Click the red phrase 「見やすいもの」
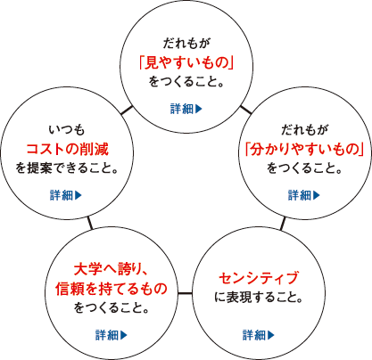pyautogui.click(x=186, y=63)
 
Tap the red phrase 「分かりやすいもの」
pyautogui.click(x=304, y=149)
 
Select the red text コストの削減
pyautogui.click(x=68, y=149)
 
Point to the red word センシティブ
pyautogui.click(x=259, y=278)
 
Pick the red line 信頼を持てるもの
pyautogui.click(x=112, y=289)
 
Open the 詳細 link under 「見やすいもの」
pyautogui.click(x=186, y=109)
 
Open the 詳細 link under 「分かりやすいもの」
pyautogui.click(x=304, y=195)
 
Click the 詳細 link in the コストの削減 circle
pyautogui.click(x=66, y=195)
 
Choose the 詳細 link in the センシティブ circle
pyautogui.click(x=259, y=335)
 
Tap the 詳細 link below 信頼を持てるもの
pyautogui.click(x=112, y=335)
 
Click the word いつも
pyautogui.click(x=67, y=130)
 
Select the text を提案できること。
pyautogui.click(x=67, y=168)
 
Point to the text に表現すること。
pyautogui.click(x=259, y=298)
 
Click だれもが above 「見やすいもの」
pyautogui.click(x=186, y=44)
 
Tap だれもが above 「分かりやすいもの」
pyautogui.click(x=304, y=130)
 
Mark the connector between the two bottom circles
pyautogui.click(x=185, y=294)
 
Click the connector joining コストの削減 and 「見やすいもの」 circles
pyautogui.click(x=127, y=110)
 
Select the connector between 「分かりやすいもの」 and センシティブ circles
pyautogui.click(x=283, y=224)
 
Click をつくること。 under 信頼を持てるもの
pyautogui.click(x=112, y=307)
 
